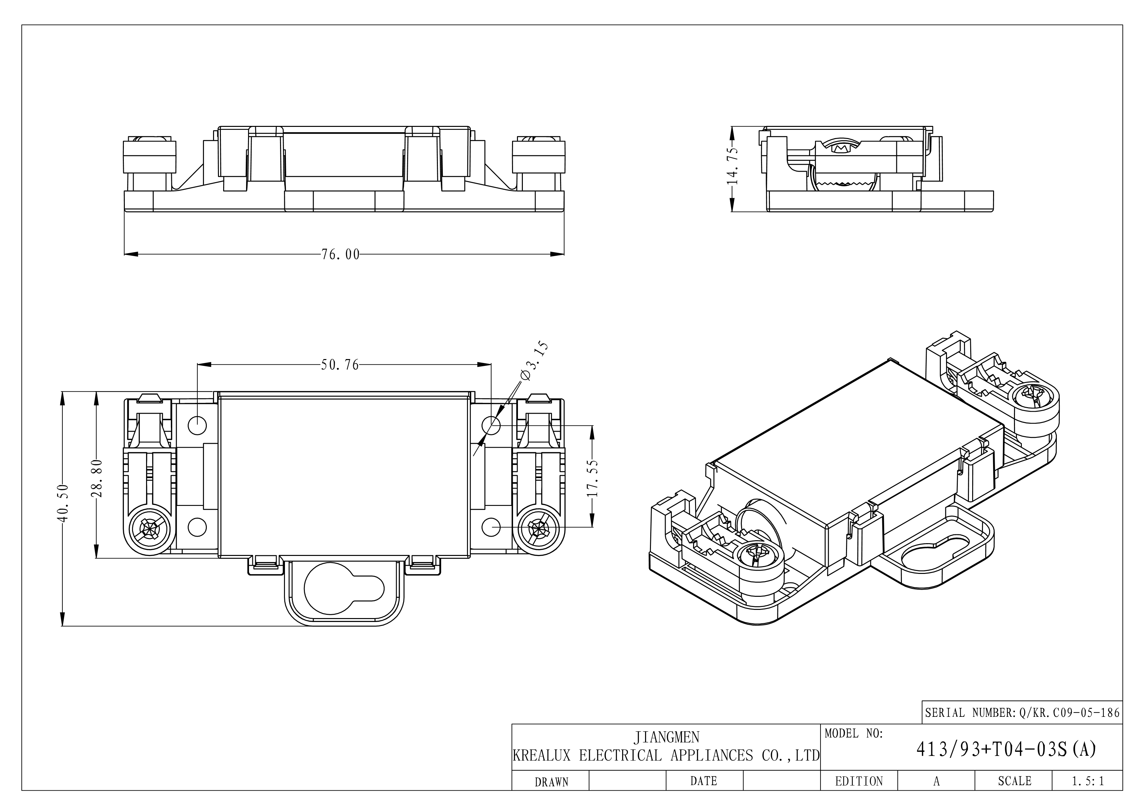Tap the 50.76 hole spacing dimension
click(340, 365)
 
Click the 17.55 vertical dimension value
click(592, 478)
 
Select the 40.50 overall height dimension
click(63, 503)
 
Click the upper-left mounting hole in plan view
click(197, 425)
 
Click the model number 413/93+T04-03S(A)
click(1006, 749)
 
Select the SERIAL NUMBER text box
click(1022, 713)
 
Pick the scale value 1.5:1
click(1088, 781)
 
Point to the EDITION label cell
click(858, 781)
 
